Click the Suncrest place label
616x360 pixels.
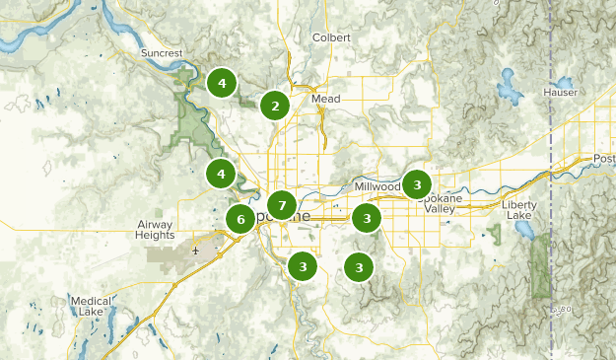pos(162,52)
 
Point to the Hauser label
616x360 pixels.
pos(559,92)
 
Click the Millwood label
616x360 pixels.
pos(377,186)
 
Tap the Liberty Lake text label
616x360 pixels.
pos(518,209)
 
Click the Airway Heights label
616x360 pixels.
pos(154,231)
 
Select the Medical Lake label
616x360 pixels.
pos(91,306)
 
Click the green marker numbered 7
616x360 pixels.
pos(282,205)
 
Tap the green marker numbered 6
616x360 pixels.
pos(240,219)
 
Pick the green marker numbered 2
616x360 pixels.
pos(275,106)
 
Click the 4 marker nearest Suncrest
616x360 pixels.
pos(222,83)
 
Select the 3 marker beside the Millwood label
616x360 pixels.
pos(417,184)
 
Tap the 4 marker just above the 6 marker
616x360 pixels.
pos(221,175)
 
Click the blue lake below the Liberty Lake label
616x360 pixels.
pos(521,230)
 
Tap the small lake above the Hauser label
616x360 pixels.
pos(565,81)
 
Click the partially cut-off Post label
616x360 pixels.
pos(603,159)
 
